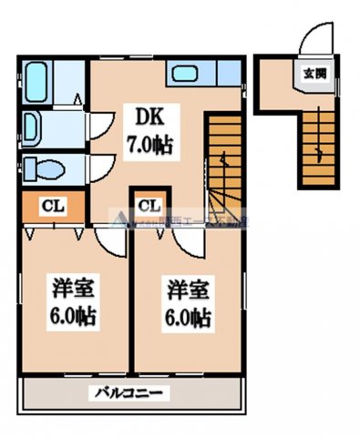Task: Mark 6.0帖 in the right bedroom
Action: (x=189, y=319)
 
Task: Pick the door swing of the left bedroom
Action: (x=108, y=242)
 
